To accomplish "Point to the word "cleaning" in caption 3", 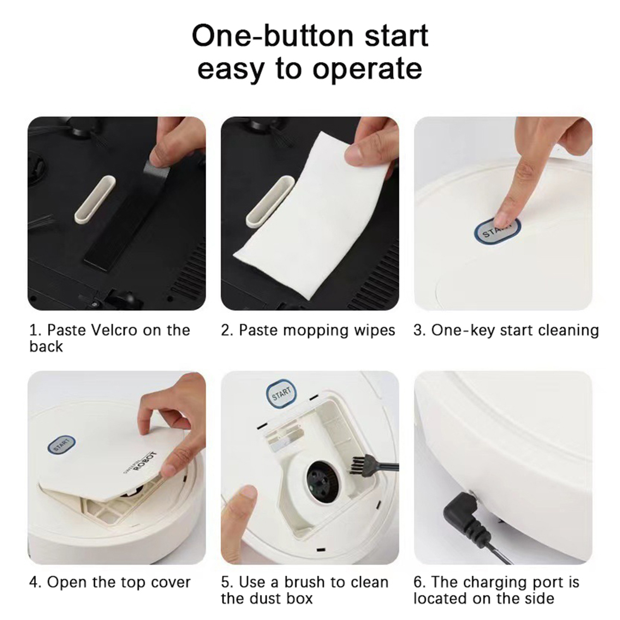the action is [x=568, y=331].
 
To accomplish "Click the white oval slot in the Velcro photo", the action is [x=95, y=199].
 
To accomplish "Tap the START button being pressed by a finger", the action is [x=497, y=231].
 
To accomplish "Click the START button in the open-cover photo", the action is [x=61, y=445].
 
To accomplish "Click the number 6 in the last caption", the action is [x=417, y=582].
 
